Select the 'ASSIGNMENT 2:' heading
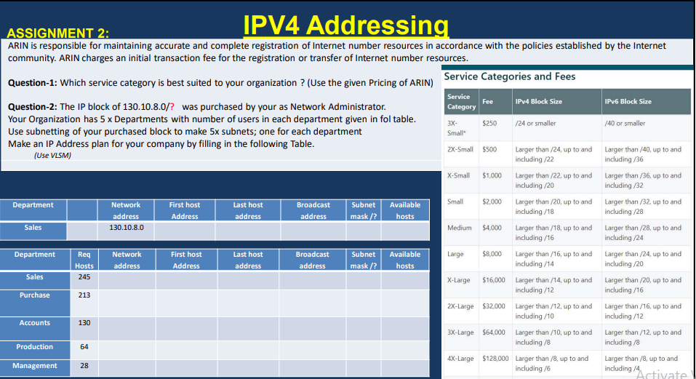[58, 33]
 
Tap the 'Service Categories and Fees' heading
[509, 76]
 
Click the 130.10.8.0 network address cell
[127, 228]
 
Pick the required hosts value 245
[84, 277]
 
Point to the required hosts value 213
[84, 295]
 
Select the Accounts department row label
[35, 323]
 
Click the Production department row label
[35, 347]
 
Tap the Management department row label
[35, 366]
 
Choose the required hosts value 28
[84, 366]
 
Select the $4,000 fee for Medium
[492, 228]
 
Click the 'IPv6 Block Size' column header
[628, 102]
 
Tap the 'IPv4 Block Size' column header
[538, 102]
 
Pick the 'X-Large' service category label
[458, 280]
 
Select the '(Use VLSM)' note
[52, 155]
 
